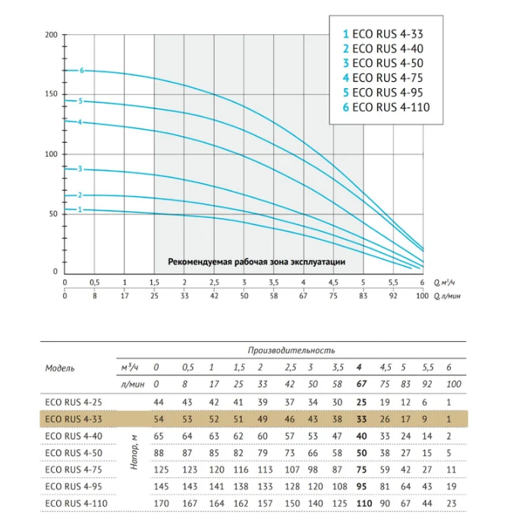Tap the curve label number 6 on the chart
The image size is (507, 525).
(82, 71)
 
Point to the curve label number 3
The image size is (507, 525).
(80, 169)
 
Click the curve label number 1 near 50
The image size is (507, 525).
(80, 210)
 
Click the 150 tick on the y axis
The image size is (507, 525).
(51, 94)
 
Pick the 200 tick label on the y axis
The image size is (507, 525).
(51, 35)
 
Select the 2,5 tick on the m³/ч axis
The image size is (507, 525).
(214, 283)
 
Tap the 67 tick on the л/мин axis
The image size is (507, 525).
(304, 296)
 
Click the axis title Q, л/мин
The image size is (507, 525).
(447, 296)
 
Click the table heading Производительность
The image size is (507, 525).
(291, 350)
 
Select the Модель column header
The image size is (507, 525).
(60, 368)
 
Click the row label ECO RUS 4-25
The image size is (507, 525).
(74, 403)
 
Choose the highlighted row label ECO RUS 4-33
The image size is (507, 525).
(74, 419)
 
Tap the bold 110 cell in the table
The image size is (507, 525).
(364, 504)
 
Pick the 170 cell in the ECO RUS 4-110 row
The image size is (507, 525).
(161, 504)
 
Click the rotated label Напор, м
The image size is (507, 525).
(134, 453)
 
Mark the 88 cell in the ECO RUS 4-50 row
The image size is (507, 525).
(159, 453)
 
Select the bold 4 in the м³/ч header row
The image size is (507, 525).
(359, 368)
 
